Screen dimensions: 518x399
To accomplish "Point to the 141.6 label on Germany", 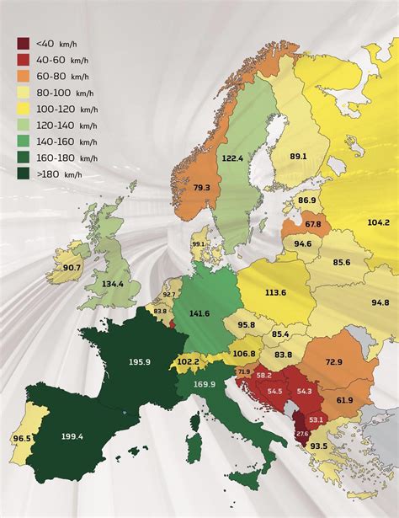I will (x=199, y=313).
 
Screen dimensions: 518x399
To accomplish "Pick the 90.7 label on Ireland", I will (x=72, y=268).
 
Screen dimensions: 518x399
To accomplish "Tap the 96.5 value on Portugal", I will (x=21, y=439).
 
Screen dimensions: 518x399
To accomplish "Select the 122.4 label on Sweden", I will (x=231, y=158).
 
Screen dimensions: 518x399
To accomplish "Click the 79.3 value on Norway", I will (x=201, y=188).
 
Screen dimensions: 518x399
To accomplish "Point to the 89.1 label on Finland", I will (x=298, y=156).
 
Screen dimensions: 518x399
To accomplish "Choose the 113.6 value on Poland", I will (x=274, y=293).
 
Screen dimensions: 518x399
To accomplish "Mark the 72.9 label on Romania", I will (x=333, y=361).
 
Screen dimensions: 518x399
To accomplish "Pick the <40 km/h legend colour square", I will (x=24, y=42).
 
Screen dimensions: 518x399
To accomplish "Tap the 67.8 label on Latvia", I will (x=312, y=224).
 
